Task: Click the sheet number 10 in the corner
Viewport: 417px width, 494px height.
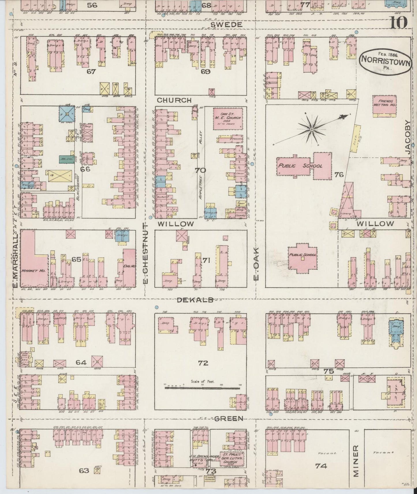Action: click(399, 22)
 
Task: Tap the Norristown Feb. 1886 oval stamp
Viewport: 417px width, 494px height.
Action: click(385, 61)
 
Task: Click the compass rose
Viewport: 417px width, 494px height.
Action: click(312, 130)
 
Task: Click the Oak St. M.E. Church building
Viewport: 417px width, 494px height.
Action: click(227, 118)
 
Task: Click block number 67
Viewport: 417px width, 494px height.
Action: click(91, 71)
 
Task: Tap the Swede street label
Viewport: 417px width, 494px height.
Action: click(226, 25)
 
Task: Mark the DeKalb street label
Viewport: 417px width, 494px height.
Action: click(195, 300)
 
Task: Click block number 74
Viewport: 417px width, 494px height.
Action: click(321, 465)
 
